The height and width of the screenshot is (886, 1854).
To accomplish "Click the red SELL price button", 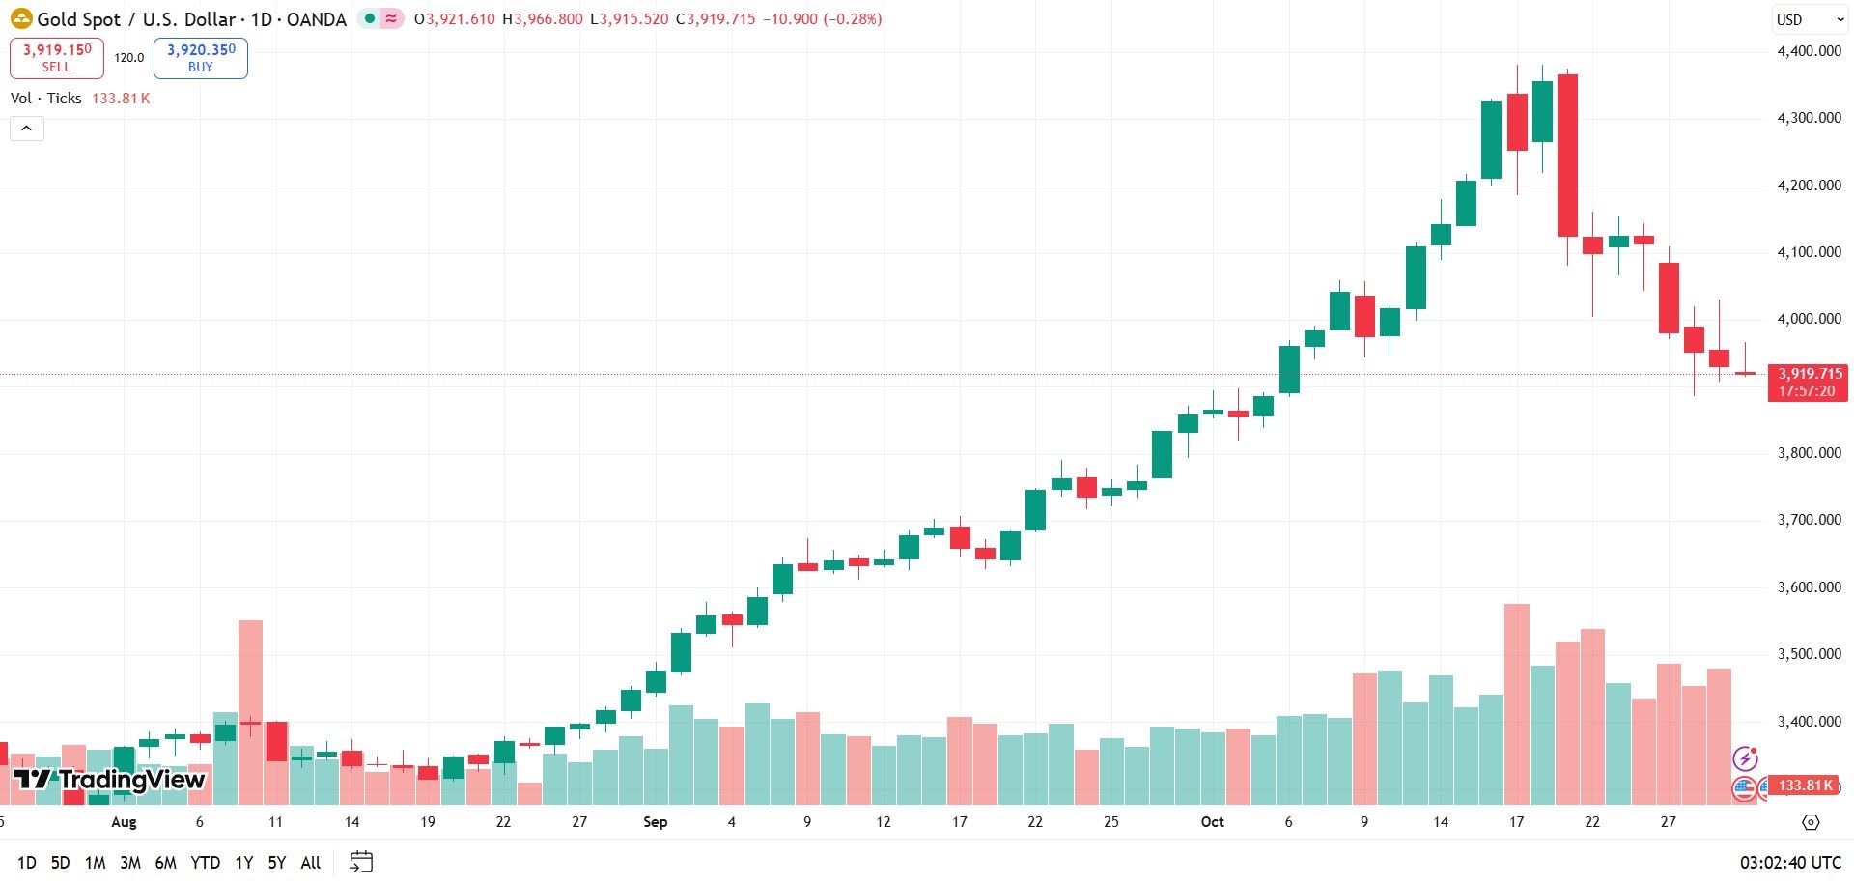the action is click(56, 58).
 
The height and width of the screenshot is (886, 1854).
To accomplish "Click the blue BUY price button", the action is click(201, 58).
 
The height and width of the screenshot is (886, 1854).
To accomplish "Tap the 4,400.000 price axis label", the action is click(1809, 51).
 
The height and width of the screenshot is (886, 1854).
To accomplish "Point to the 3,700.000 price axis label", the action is click(1809, 520).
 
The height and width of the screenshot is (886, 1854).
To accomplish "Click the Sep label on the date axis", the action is click(655, 822).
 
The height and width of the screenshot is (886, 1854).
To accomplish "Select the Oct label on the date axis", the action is click(1212, 822).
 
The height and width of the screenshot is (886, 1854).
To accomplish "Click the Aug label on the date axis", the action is click(124, 822).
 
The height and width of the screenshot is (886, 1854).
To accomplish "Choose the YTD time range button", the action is click(205, 863).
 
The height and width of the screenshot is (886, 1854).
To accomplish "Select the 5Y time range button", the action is click(277, 863).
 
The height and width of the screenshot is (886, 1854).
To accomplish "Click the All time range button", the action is click(311, 863).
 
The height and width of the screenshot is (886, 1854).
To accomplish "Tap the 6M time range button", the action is click(165, 863).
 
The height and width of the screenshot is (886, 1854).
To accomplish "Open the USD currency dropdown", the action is click(1810, 19).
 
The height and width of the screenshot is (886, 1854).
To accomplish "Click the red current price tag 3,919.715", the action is click(1808, 382).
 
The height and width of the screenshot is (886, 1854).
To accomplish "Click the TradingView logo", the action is click(109, 780).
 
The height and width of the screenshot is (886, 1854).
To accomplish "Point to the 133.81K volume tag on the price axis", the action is click(1805, 786).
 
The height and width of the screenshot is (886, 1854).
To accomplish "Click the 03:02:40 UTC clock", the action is click(1790, 863).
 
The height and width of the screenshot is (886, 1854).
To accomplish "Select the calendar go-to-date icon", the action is click(361, 862).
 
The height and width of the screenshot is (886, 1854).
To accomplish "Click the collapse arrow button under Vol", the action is click(27, 129).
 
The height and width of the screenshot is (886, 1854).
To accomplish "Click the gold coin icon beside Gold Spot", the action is click(20, 18).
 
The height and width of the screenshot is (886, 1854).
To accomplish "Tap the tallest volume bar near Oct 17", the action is click(1517, 704).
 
